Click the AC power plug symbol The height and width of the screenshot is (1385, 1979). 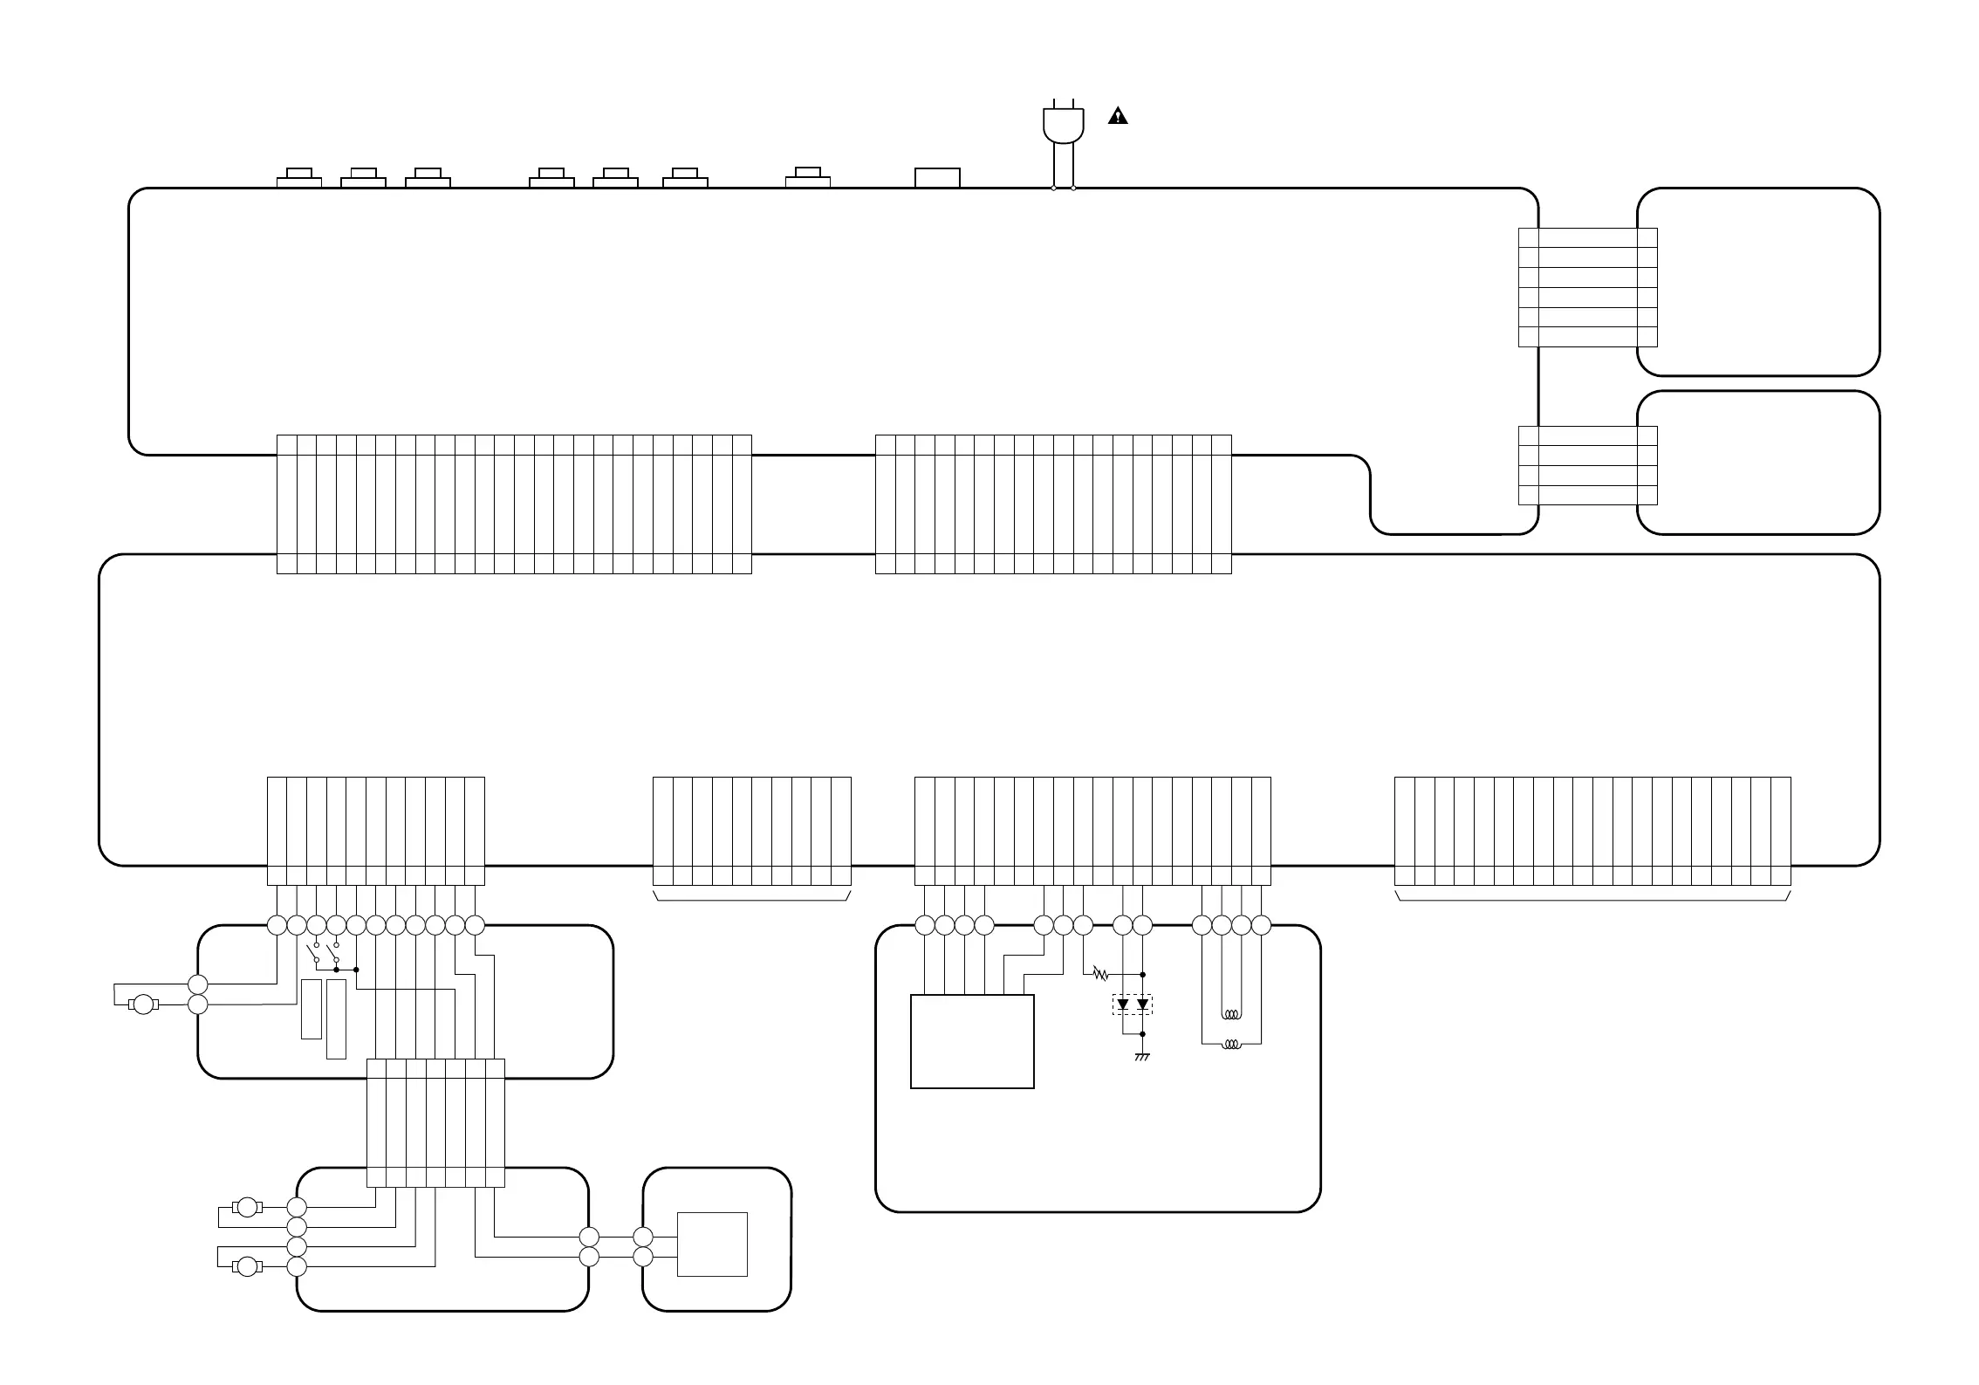pos(1064,125)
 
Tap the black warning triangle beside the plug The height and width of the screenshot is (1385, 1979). pos(1118,116)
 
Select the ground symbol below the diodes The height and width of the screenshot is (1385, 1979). pos(1142,1058)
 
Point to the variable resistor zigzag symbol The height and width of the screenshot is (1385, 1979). pos(1100,974)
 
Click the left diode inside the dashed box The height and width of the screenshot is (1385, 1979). pos(1123,1004)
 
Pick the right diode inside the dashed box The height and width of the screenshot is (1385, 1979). pos(1142,1004)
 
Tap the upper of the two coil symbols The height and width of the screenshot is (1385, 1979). pos(1231,1015)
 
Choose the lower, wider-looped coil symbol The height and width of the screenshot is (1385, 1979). pos(1231,1044)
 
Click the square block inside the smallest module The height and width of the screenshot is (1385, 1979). pos(712,1244)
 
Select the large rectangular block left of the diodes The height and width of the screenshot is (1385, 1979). pos(972,1041)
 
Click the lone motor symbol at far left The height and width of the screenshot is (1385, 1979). pos(143,1004)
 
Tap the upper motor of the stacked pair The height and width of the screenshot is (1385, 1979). pos(248,1207)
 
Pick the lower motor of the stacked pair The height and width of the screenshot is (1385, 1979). pos(248,1265)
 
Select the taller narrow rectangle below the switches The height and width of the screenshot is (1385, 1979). pos(336,1018)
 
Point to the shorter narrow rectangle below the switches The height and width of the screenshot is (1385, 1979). pos(311,1009)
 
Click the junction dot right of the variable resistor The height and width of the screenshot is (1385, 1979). pos(1142,974)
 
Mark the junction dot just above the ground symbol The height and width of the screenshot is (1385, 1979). pos(1142,1034)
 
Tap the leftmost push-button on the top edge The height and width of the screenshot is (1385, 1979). pos(299,178)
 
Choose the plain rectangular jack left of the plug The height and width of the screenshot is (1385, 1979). pos(937,178)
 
